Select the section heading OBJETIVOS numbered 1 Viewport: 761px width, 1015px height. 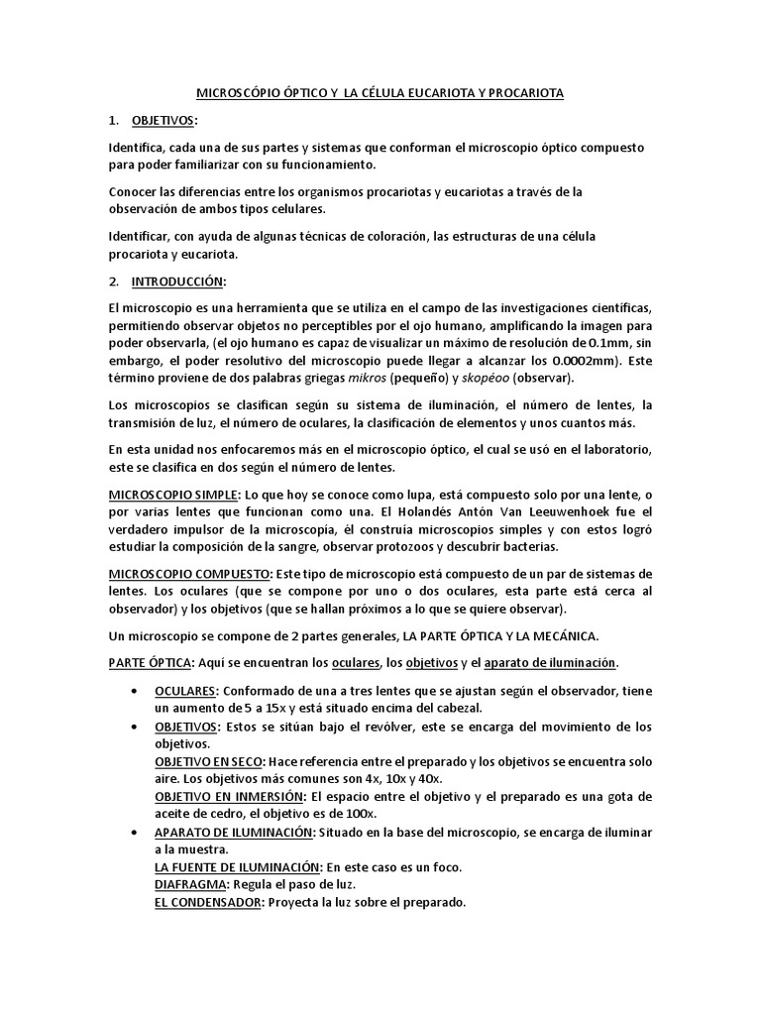pos(164,120)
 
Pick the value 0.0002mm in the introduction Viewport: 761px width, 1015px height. pos(585,361)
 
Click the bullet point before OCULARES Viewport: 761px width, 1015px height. pos(134,690)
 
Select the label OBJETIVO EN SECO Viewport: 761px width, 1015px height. pos(208,760)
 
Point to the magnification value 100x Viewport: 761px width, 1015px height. pos(325,814)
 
